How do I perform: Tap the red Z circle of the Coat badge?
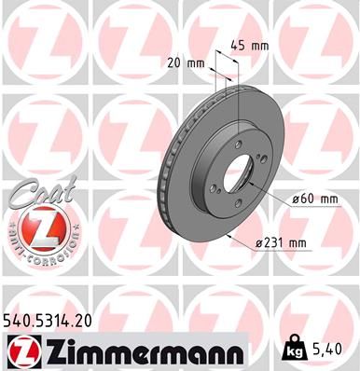(x=40, y=227)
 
